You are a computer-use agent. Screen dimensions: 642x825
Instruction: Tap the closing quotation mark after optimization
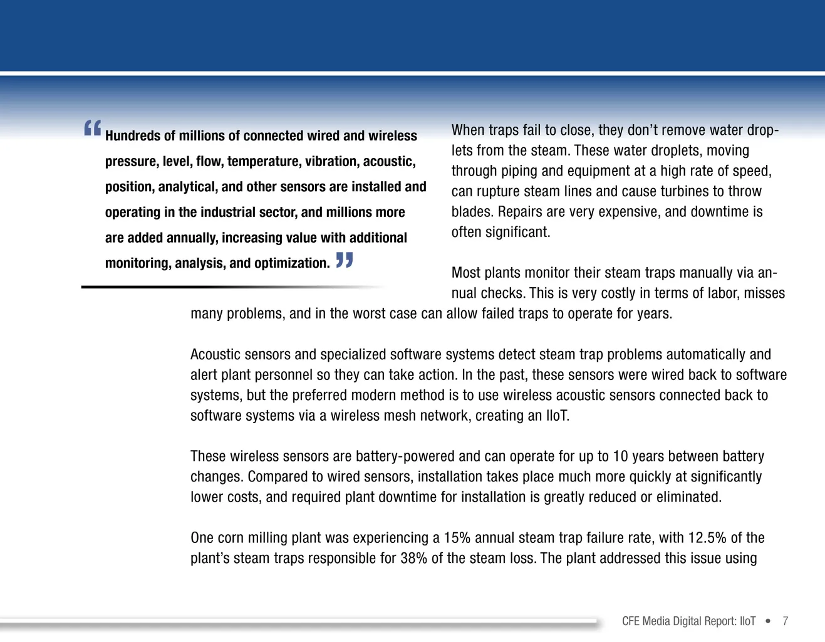click(x=345, y=260)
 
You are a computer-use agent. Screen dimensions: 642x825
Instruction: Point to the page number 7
click(x=785, y=621)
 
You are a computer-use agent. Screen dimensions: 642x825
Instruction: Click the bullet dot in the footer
click(x=768, y=621)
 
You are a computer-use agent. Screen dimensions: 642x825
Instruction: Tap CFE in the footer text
click(x=631, y=621)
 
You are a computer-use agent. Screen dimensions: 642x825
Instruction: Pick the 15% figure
click(x=457, y=538)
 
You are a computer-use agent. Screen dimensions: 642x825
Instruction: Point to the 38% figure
click(x=413, y=559)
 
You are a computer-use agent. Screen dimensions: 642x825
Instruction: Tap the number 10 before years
click(x=620, y=456)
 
